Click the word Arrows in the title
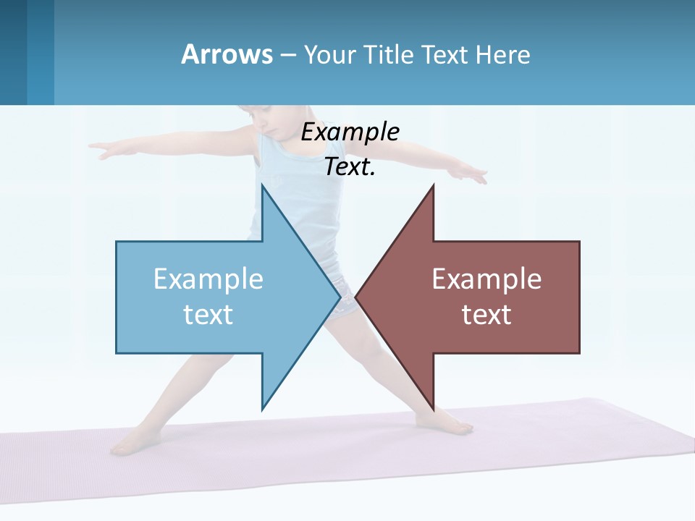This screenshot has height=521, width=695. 227,54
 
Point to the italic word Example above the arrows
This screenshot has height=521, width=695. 350,132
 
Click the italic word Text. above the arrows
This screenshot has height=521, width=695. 350,166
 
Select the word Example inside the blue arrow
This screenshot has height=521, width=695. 208,279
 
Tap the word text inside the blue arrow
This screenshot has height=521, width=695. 208,314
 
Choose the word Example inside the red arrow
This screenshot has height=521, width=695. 486,279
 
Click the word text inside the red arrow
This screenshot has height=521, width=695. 486,314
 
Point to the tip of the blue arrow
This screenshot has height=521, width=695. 340,297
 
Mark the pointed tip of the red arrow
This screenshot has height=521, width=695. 355,297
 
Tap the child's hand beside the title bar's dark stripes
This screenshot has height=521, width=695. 101,150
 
